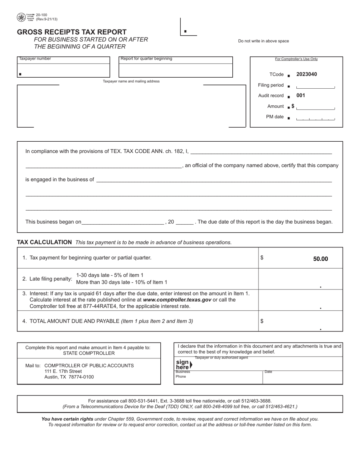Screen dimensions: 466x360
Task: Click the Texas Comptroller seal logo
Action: [22, 17]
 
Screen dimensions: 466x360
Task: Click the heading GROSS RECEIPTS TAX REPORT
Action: [72, 32]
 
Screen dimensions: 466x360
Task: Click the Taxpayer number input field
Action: [64, 70]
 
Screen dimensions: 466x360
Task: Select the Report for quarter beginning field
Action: [175, 70]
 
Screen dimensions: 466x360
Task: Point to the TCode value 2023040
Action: [306, 74]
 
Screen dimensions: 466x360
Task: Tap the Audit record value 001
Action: [301, 95]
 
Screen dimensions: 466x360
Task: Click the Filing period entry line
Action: [315, 86]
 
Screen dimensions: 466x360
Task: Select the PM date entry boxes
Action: [315, 118]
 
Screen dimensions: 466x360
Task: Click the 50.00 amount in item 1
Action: [320, 259]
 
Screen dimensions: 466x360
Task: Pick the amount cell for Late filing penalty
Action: [301, 279]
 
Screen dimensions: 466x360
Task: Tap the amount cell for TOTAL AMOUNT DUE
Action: [301, 321]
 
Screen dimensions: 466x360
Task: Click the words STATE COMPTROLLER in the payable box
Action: [89, 353]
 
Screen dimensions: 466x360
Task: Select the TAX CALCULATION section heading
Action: [44, 242]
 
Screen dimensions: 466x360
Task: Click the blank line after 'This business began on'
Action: [123, 222]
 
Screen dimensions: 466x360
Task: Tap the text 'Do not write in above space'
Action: [263, 41]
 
